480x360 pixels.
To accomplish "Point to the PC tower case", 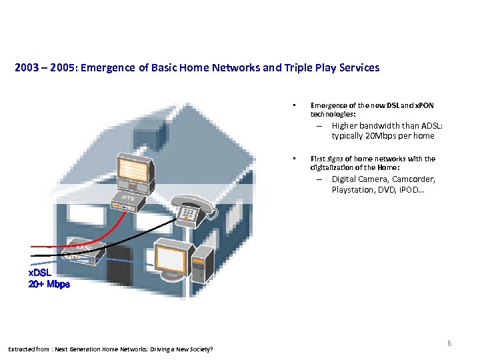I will click(x=202, y=262).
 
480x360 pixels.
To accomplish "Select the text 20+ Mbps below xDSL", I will click(x=49, y=284).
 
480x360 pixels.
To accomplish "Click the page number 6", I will click(x=449, y=343).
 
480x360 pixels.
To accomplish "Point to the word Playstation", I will click(x=354, y=190).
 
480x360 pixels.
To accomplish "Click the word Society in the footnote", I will click(x=198, y=349).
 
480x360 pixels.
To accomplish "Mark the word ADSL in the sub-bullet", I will click(x=429, y=126).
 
